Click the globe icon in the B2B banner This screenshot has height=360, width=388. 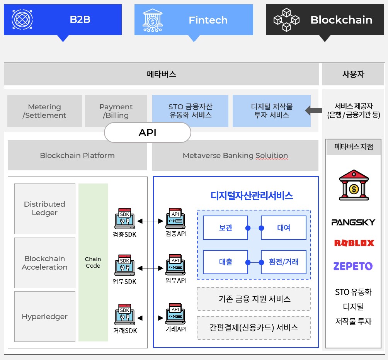(x=22, y=20)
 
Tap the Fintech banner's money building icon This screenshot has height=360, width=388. (x=153, y=20)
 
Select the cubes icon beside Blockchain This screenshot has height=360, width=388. (x=287, y=20)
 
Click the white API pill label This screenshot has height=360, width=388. (x=148, y=133)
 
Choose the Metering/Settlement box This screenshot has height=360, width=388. (x=44, y=111)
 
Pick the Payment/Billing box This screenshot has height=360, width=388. (x=116, y=111)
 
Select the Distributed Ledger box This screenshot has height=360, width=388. (x=44, y=209)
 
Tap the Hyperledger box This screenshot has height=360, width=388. (x=44, y=317)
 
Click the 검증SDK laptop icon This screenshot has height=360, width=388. (x=124, y=219)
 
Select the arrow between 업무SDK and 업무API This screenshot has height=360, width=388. (x=150, y=268)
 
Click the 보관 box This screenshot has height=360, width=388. (x=225, y=228)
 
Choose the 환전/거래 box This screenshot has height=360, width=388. (x=284, y=262)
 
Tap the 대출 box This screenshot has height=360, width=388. (x=225, y=262)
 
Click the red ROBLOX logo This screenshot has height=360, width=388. (x=354, y=243)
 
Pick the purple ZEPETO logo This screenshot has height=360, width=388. (x=353, y=266)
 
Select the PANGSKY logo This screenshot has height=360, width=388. (x=353, y=222)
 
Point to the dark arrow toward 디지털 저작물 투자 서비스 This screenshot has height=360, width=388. (x=313, y=111)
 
